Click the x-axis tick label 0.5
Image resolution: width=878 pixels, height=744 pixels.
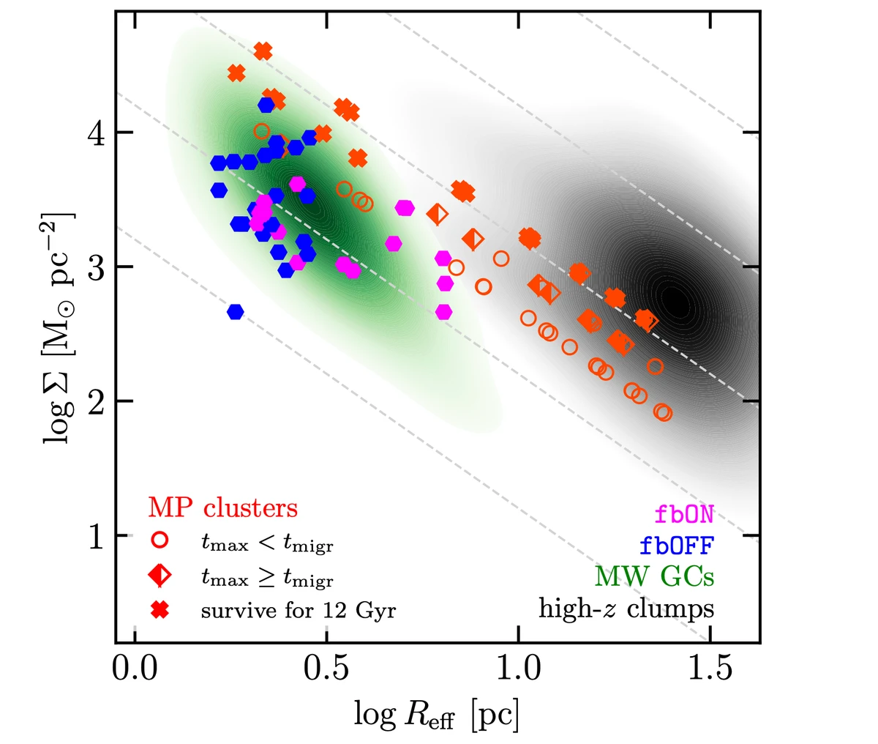(x=326, y=669)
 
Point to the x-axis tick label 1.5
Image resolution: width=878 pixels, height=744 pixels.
(x=710, y=669)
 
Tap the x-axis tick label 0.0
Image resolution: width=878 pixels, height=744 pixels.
(x=135, y=669)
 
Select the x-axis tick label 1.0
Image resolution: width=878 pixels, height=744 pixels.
(x=519, y=669)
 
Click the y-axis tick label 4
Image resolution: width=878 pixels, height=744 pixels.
(x=96, y=133)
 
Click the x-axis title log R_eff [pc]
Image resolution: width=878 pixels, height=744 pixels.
(x=437, y=715)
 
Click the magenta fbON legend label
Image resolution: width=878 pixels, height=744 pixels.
(x=684, y=513)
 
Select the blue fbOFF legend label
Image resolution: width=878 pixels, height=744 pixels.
(x=677, y=545)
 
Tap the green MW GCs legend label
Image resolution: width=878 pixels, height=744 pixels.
(x=655, y=576)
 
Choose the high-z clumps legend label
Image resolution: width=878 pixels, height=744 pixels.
(x=626, y=609)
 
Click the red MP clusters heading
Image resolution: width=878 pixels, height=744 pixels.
(x=223, y=507)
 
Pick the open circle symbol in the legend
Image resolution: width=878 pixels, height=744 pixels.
(x=160, y=540)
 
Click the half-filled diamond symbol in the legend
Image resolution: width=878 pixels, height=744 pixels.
(x=160, y=576)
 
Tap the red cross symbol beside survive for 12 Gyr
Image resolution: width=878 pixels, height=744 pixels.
(x=160, y=611)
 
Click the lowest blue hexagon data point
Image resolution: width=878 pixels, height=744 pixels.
(x=236, y=312)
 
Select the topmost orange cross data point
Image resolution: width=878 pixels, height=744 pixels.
(x=263, y=51)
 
